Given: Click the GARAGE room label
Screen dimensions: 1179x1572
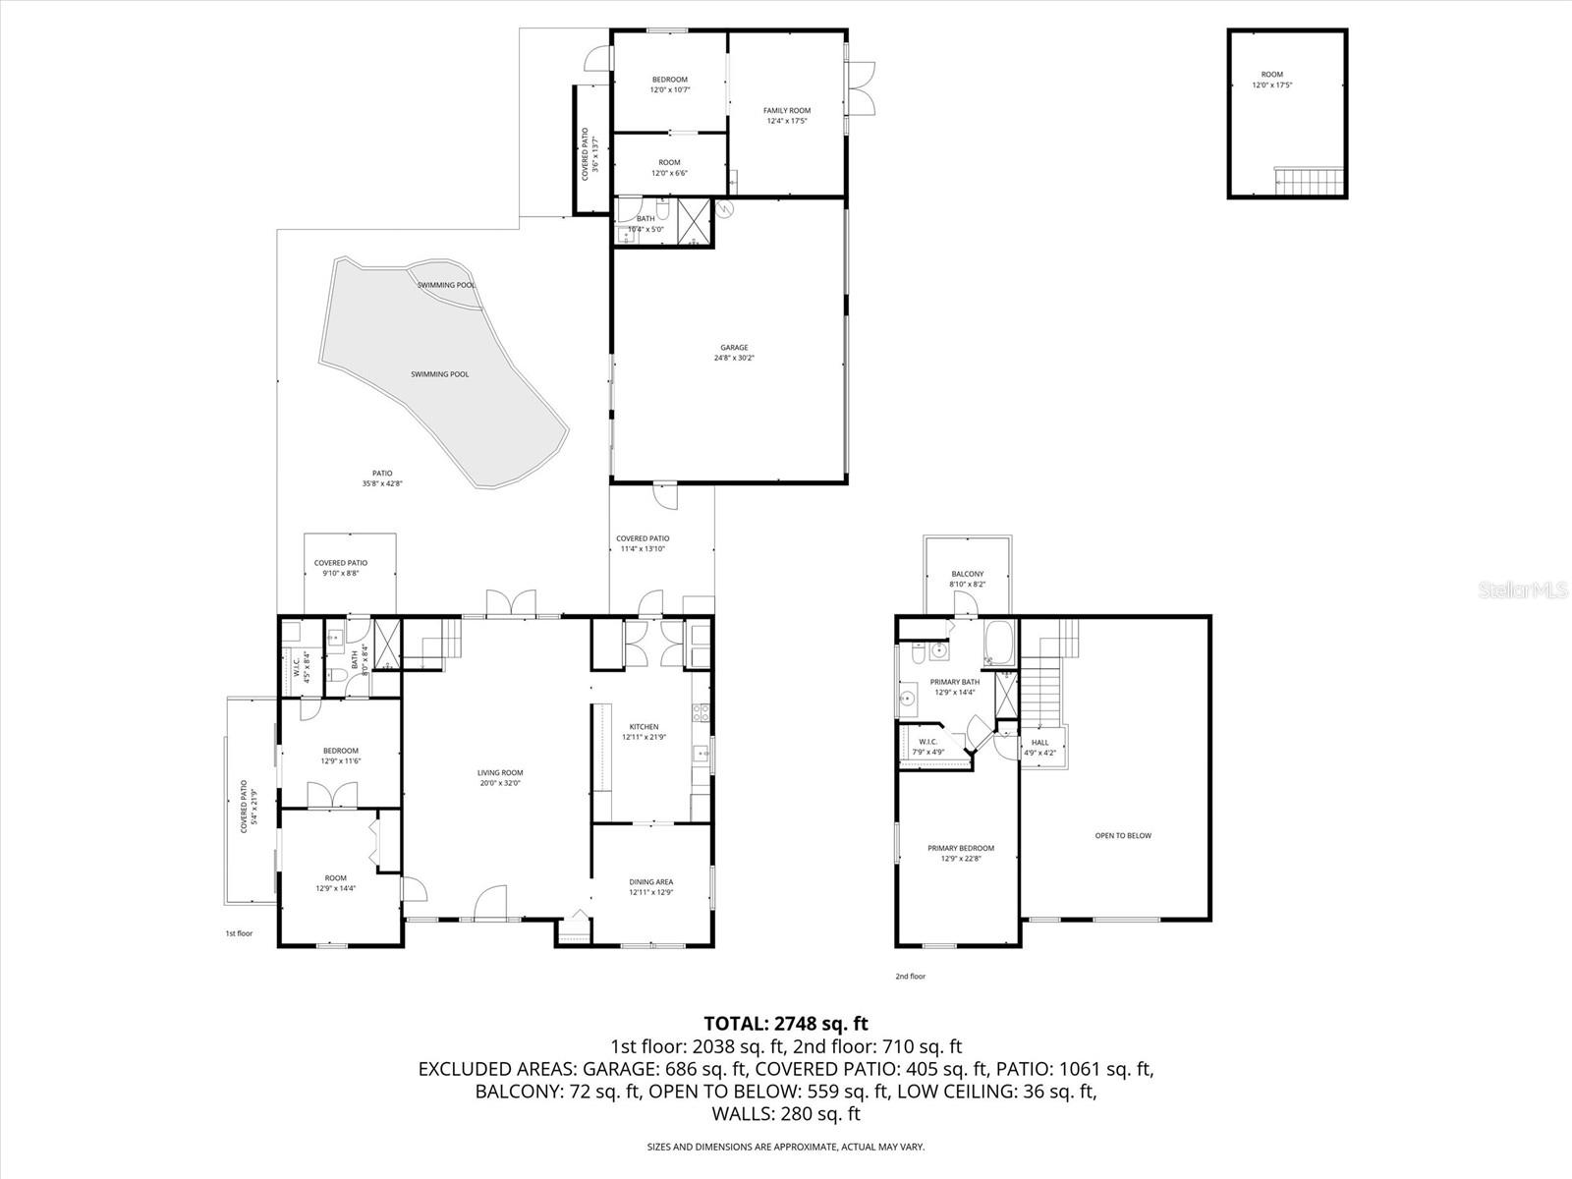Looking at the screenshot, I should point(734,348).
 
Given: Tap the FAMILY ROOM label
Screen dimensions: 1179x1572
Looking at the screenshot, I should point(787,111).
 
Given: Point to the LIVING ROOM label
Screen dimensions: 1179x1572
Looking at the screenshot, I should point(500,773).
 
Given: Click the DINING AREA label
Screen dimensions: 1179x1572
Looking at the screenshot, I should point(650,882).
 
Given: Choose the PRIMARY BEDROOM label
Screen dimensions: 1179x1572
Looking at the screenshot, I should point(961,848).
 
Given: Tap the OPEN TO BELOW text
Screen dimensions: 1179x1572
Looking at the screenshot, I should point(1123,836).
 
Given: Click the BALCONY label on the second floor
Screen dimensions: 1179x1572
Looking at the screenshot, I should point(967,574).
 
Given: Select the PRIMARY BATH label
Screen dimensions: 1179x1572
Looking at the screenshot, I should point(955,682).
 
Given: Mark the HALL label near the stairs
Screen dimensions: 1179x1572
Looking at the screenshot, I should point(1039,743).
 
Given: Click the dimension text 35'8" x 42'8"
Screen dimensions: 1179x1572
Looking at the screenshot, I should point(382,483).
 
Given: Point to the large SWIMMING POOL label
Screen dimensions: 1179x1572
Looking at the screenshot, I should point(439,374).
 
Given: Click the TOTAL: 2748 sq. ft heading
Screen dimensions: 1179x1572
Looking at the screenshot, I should point(785,1024).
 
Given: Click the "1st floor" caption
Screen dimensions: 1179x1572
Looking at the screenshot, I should point(239,933).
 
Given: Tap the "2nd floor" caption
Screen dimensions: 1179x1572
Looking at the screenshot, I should point(910,977).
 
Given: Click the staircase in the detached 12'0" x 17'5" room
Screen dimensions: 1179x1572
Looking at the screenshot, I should point(1309,181).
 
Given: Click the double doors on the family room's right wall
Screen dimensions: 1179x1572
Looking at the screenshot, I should point(862,90).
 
